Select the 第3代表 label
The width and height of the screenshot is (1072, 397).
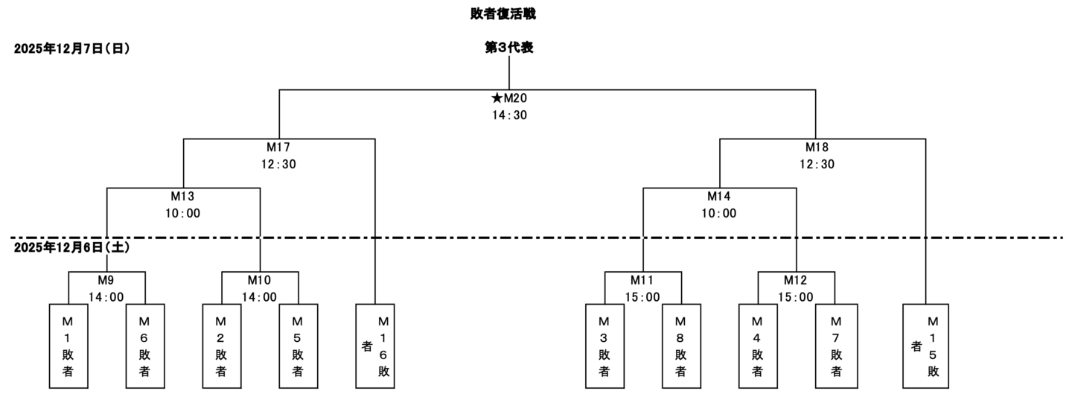(508, 48)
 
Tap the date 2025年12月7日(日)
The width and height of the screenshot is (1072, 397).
(72, 49)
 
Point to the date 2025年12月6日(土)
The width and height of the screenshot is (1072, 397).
(72, 247)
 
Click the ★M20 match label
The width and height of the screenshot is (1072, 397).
(509, 98)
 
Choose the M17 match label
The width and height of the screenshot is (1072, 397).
(279, 147)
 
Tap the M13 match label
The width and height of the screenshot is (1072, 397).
(183, 197)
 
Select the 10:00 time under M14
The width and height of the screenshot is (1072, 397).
(719, 214)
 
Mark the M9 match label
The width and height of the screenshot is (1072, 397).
(106, 281)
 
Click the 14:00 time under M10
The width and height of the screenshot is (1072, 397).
(260, 297)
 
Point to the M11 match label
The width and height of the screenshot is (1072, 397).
(642, 281)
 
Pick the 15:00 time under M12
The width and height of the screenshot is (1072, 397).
(796, 297)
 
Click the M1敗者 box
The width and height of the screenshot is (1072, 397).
(68, 346)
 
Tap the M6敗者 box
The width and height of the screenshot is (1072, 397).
(145, 346)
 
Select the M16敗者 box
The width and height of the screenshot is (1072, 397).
(374, 346)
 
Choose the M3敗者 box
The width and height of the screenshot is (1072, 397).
(604, 346)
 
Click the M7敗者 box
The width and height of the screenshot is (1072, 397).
(835, 346)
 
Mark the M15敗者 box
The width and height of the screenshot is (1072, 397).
(925, 346)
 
